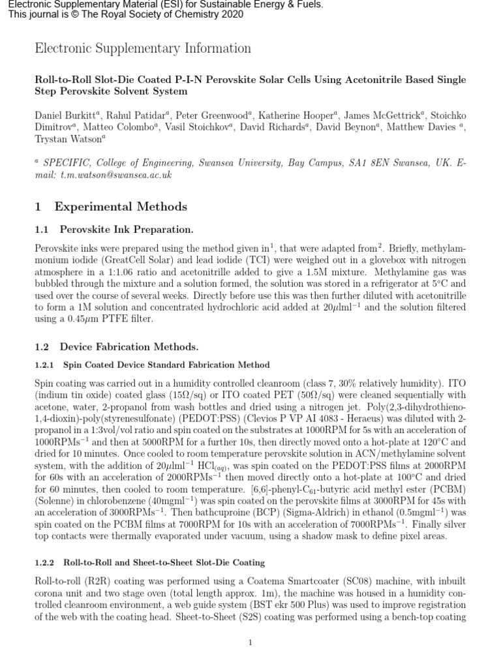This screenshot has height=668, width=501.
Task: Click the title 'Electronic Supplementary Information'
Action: click(x=142, y=48)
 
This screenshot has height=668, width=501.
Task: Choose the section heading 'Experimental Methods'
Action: click(x=121, y=207)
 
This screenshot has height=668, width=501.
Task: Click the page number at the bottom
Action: click(x=250, y=643)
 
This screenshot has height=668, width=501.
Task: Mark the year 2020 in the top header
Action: click(x=232, y=14)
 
